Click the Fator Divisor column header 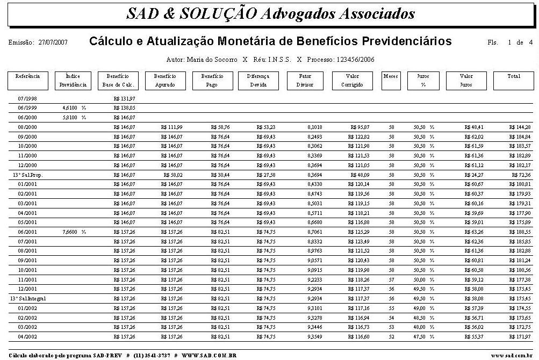point(305,80)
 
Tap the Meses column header point(391,76)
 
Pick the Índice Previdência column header point(72,80)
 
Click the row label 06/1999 point(27,108)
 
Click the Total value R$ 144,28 point(520,127)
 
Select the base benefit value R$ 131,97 point(125,99)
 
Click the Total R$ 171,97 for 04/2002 point(520,336)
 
